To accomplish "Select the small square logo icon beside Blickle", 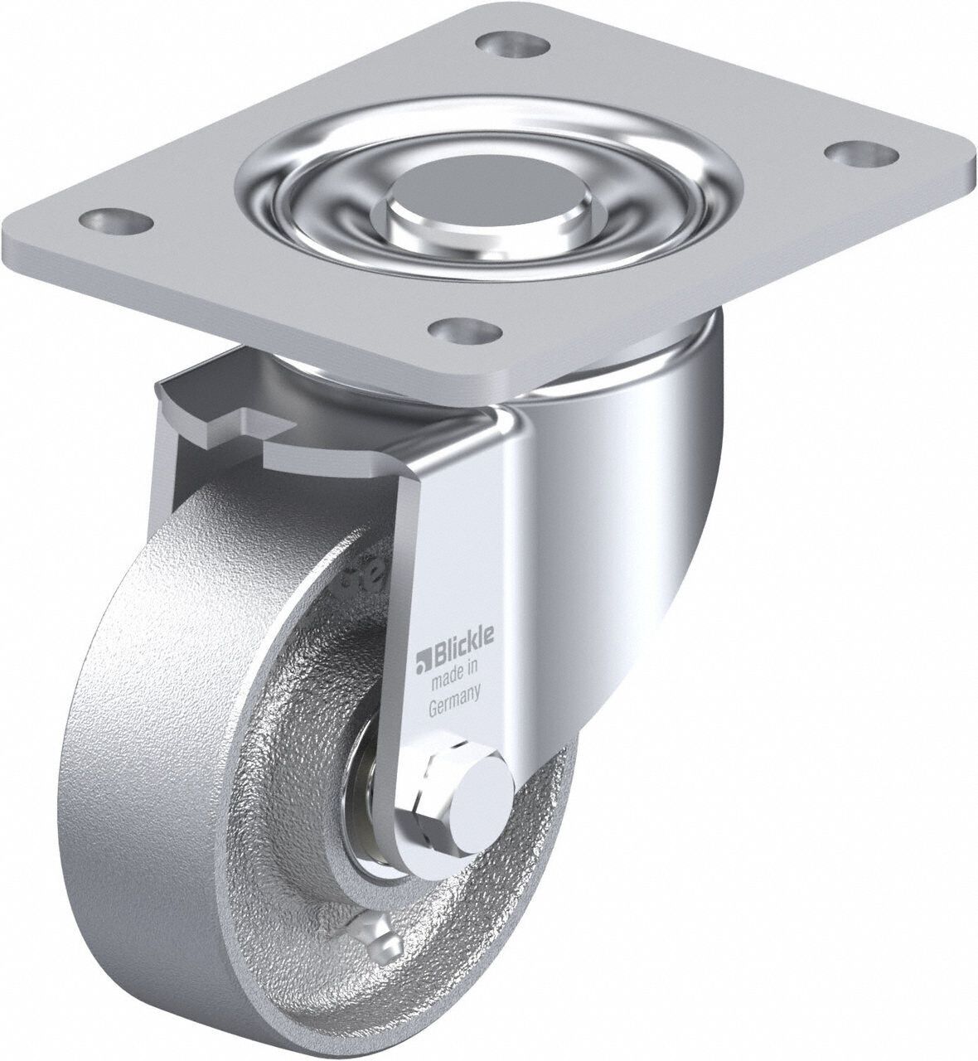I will [x=420, y=638].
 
